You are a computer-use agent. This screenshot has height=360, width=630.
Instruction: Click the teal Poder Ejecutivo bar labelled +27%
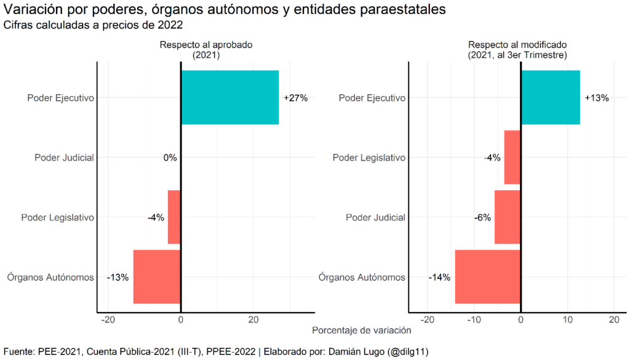(229, 97)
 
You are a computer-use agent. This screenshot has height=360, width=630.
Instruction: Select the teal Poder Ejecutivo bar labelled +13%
(550, 97)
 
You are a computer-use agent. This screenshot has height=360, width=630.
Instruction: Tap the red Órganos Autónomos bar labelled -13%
(157, 277)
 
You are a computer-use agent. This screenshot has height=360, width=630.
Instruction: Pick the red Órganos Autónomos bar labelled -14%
(488, 277)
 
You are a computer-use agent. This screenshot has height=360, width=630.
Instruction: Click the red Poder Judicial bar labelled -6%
(508, 217)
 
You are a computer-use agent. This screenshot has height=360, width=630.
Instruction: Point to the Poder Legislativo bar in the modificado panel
(512, 158)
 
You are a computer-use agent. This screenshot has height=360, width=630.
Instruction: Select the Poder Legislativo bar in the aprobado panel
(174, 217)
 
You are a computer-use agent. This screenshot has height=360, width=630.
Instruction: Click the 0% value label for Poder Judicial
(170, 158)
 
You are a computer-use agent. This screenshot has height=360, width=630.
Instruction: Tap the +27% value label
(295, 98)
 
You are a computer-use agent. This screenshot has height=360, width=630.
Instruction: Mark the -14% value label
(439, 278)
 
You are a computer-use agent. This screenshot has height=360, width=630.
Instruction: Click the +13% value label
(596, 98)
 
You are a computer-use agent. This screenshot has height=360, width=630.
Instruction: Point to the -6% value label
(482, 218)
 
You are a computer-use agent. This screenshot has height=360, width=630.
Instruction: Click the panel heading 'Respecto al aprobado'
(206, 45)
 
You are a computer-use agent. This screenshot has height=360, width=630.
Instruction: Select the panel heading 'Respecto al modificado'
(517, 45)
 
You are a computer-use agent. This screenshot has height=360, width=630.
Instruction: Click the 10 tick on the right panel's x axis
(567, 320)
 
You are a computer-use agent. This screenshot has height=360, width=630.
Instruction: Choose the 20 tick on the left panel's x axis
(253, 320)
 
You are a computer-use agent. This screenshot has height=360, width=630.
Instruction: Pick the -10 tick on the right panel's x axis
(472, 320)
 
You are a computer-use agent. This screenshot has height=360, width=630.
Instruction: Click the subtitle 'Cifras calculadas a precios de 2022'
(94, 25)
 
